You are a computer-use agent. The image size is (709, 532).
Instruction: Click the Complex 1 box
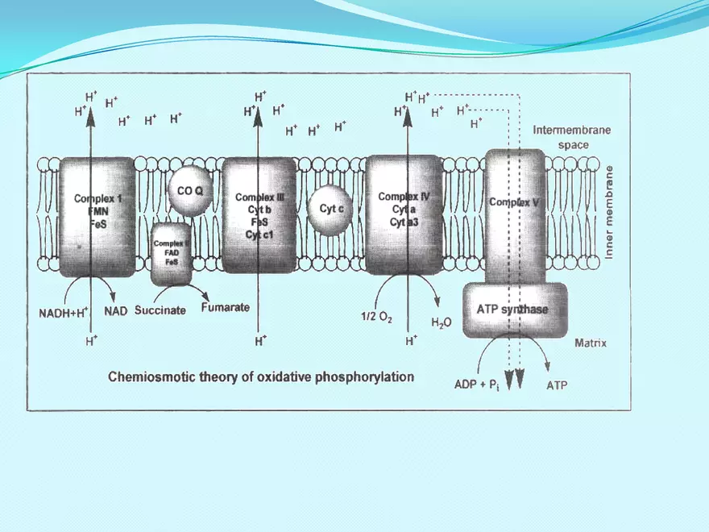[x=97, y=214]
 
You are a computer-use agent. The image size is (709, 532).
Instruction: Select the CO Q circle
[x=190, y=191]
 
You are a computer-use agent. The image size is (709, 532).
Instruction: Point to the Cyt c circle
[x=331, y=209]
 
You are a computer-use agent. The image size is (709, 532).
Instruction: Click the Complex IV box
[x=404, y=214]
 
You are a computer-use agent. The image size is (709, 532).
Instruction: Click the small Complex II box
[x=171, y=252]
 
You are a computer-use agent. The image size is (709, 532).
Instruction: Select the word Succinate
[x=160, y=310]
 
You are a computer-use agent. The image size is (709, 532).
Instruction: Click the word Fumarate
[x=225, y=307]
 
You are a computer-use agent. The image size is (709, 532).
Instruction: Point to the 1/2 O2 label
[x=375, y=317]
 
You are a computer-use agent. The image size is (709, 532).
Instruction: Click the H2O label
[x=442, y=322]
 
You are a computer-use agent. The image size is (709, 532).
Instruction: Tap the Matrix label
[x=591, y=343]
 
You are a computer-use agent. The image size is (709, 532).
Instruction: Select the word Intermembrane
[x=572, y=130]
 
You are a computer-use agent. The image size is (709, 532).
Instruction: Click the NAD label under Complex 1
[x=116, y=311]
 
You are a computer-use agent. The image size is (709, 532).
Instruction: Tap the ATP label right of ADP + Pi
[x=557, y=386]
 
